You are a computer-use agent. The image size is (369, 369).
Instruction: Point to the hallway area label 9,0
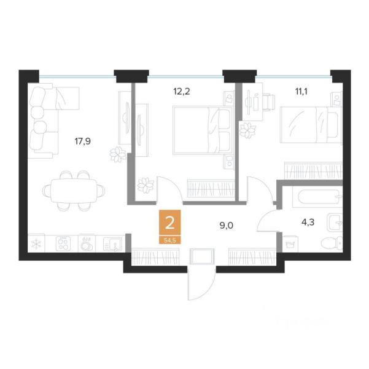tap(227, 225)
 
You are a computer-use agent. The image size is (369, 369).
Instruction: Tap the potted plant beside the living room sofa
tap(116, 155)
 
